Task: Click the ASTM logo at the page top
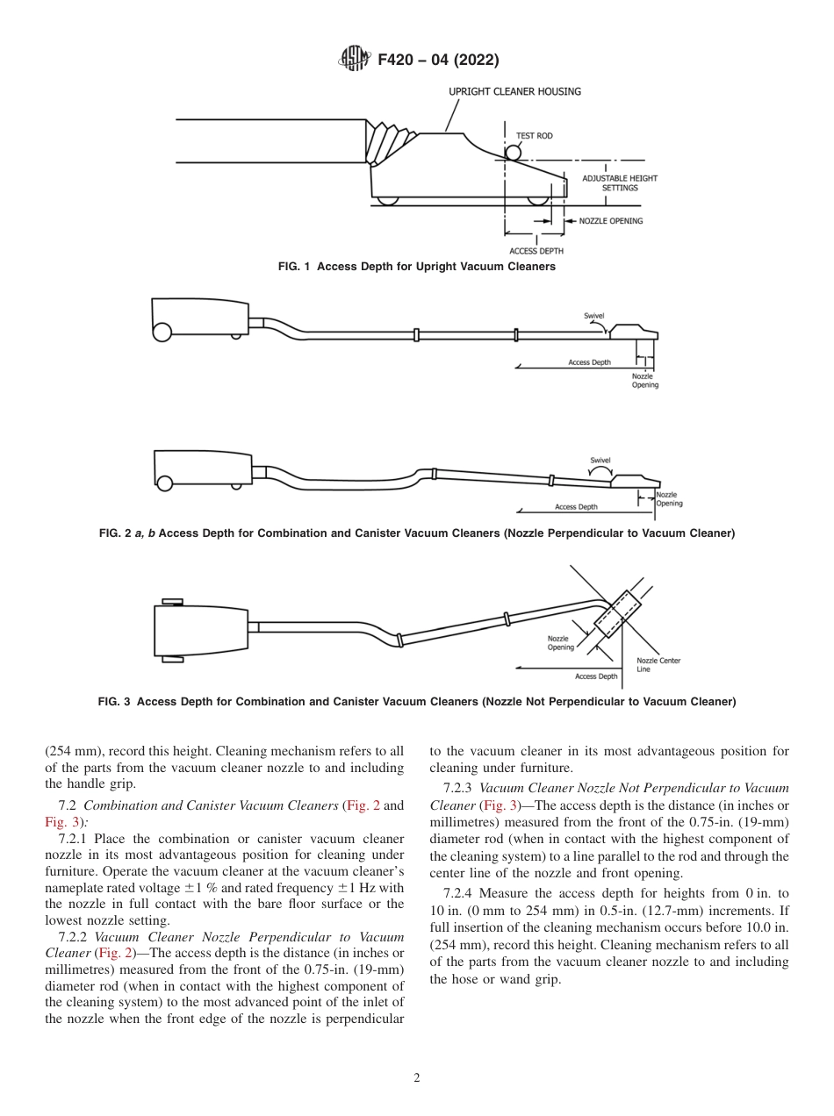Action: click(355, 60)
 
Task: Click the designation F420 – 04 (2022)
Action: click(438, 60)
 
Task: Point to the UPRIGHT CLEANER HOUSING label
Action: click(514, 91)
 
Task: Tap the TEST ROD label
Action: click(534, 136)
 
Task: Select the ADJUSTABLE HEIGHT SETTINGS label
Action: click(619, 182)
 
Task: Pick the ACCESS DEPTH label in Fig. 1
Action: click(536, 251)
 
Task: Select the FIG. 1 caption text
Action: click(416, 267)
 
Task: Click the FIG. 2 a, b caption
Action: click(416, 533)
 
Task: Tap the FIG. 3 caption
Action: click(416, 701)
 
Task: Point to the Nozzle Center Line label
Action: click(658, 664)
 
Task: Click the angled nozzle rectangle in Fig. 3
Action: click(619, 613)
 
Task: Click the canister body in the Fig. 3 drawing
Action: click(201, 630)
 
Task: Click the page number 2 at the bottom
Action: click(416, 1078)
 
